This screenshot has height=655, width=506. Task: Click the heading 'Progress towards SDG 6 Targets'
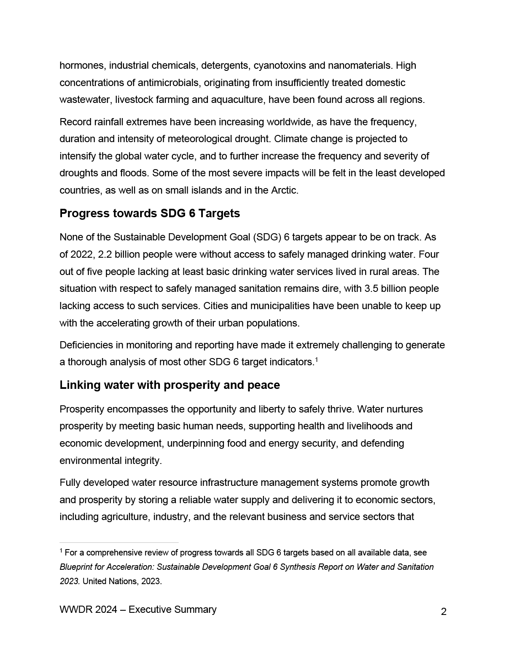tap(150, 213)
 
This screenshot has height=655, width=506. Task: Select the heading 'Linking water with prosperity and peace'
tap(170, 385)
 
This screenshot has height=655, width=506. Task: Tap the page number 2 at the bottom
tap(444, 612)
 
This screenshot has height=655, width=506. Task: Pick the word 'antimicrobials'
tap(170, 83)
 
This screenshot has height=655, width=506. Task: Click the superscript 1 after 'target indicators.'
tap(316, 359)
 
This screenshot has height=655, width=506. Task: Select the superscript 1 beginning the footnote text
tap(61, 551)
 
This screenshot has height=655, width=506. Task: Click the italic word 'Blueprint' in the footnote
tap(76, 567)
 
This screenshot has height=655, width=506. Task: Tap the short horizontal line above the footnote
tap(119, 542)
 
